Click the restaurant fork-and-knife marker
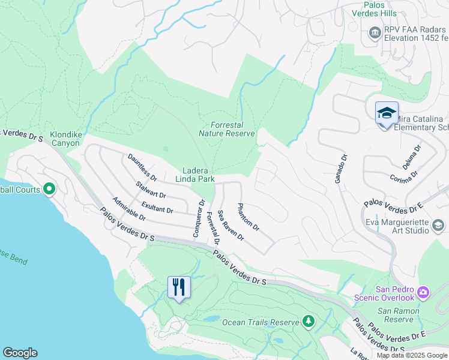pos(178,287)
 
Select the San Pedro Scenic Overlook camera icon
pos(424,292)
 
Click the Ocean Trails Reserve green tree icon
pos(309,322)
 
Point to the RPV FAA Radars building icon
pos(375,32)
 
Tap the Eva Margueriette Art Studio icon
pos(438,226)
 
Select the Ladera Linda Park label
pos(194,175)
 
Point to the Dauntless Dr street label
pos(142,167)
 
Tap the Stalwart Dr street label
pos(151,191)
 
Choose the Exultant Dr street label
pos(157,207)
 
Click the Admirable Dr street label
pos(129,208)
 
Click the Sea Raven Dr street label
pos(231,226)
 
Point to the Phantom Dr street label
pos(248,218)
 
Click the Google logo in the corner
pos(20,353)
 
